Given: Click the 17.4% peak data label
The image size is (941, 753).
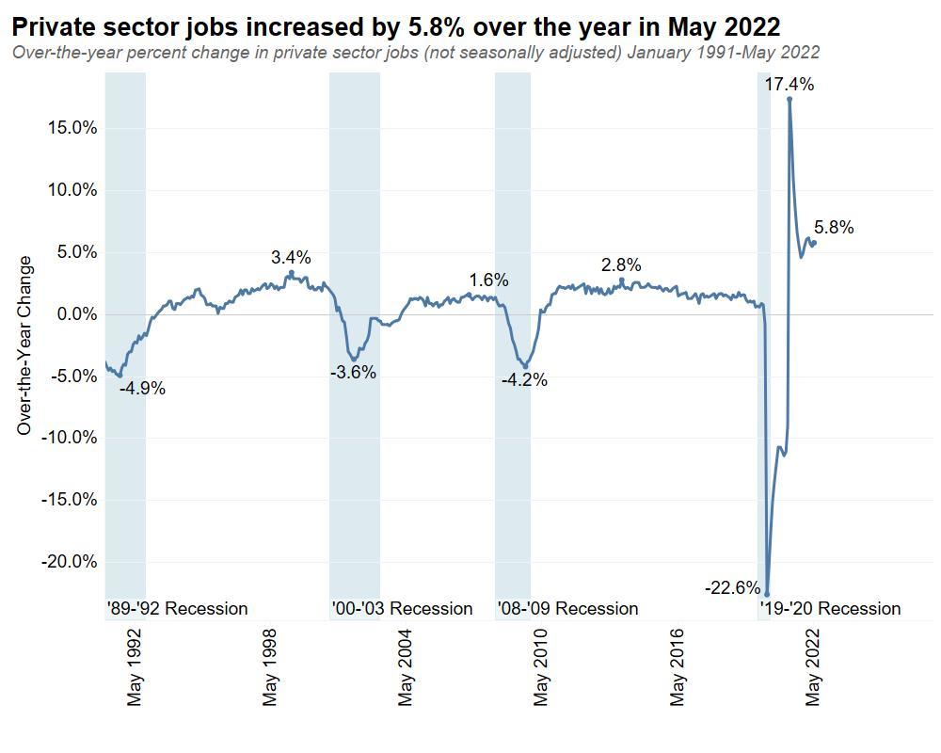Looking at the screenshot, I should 789,85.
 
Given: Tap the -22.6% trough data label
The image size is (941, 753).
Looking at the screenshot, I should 732,588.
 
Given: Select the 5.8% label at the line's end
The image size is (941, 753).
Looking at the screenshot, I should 834,227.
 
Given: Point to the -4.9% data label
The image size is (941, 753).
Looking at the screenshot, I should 142,388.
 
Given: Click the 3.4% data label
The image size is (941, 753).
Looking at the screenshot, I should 291,257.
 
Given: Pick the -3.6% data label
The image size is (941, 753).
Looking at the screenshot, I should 353,373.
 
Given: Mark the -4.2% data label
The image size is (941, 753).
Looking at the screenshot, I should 524,380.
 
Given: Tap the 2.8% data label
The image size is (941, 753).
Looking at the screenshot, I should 621,264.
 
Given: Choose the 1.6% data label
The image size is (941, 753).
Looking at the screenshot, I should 488,280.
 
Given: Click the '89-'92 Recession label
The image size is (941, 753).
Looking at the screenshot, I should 177,608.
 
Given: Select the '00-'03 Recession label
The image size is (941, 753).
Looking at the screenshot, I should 402,608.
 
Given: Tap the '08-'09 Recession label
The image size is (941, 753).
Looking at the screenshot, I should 567,608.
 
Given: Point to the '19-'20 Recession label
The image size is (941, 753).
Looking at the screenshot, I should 830,608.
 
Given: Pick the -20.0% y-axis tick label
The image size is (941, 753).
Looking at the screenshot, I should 70,562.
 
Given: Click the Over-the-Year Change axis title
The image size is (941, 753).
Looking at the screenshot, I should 24,345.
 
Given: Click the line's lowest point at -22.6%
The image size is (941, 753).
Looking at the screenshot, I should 767,594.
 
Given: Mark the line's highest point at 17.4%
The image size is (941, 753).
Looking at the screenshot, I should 789,99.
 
